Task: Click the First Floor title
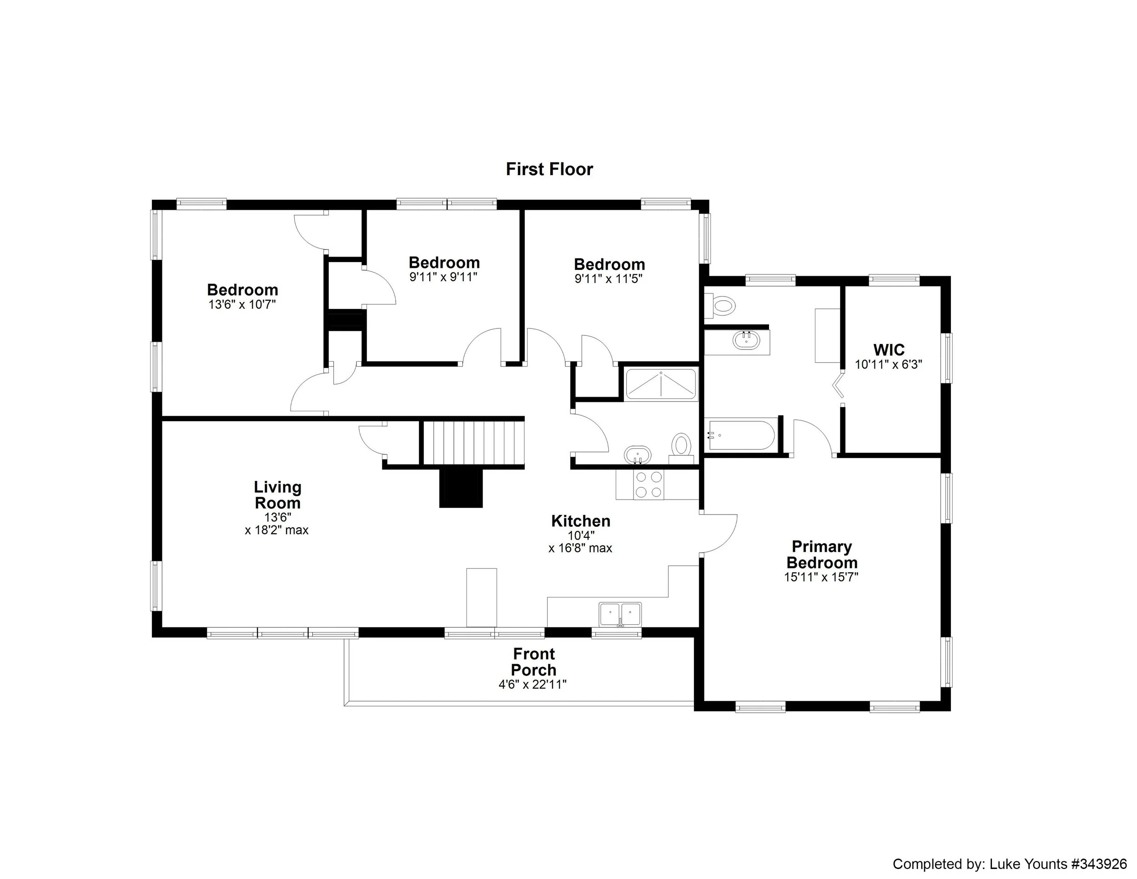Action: pos(549,169)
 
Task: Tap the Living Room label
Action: pos(277,495)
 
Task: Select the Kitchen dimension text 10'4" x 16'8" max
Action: pos(580,541)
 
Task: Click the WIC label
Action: pos(889,349)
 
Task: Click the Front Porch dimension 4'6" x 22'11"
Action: pos(533,684)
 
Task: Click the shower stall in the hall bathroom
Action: pos(661,385)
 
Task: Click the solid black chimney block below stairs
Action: pos(461,488)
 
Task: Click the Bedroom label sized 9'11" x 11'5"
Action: pos(609,264)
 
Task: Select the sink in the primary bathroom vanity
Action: pos(746,341)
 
